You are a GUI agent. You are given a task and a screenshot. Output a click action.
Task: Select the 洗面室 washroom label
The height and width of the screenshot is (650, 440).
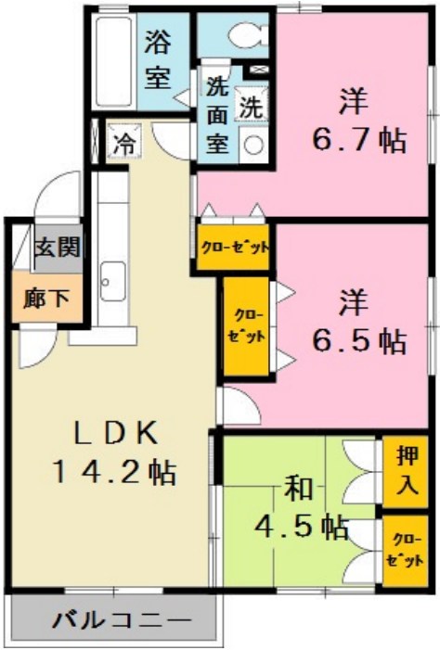click(x=217, y=117)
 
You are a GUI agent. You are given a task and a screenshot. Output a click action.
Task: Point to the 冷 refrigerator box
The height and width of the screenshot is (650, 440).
click(x=123, y=143)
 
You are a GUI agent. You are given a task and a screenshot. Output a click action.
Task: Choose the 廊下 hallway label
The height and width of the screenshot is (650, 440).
click(x=41, y=299)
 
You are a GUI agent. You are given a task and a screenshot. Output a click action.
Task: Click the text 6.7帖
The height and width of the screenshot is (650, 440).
click(x=357, y=140)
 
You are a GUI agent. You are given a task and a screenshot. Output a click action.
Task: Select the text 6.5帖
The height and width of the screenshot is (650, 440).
click(x=358, y=340)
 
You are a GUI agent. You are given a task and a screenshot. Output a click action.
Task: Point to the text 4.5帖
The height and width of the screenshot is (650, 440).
click(x=303, y=526)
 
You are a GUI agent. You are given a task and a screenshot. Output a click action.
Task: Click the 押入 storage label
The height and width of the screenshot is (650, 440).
click(x=407, y=471)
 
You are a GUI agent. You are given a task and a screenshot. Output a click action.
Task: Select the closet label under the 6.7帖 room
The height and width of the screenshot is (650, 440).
click(x=236, y=248)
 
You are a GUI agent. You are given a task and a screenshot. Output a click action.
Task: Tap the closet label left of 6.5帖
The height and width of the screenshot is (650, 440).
click(x=246, y=325)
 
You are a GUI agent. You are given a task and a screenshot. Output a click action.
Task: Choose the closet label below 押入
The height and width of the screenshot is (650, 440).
click(x=407, y=551)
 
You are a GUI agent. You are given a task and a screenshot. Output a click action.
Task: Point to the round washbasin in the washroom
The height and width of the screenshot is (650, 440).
click(x=252, y=144)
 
